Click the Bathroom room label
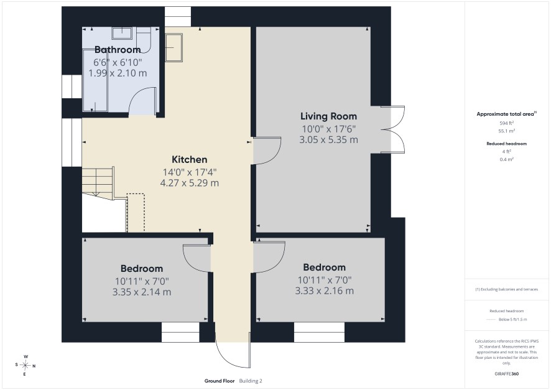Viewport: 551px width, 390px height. (118, 50)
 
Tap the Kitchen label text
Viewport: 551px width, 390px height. (190, 159)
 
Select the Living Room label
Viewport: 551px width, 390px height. (328, 116)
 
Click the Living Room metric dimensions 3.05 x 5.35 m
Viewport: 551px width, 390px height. (328, 140)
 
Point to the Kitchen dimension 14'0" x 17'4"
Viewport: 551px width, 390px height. (190, 172)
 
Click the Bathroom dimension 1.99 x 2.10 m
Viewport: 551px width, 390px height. (118, 73)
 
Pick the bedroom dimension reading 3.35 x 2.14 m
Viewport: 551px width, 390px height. (142, 292)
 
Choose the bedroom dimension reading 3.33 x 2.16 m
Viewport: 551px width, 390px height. (325, 291)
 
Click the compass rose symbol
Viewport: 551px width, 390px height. (25, 365)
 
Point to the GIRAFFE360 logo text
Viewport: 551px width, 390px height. (506, 374)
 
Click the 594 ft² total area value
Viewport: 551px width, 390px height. (506, 123)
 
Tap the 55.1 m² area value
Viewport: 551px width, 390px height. (506, 131)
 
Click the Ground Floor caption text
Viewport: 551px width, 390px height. (220, 381)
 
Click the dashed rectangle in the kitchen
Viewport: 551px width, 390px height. (136, 213)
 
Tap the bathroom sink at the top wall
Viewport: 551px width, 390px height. (122, 34)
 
